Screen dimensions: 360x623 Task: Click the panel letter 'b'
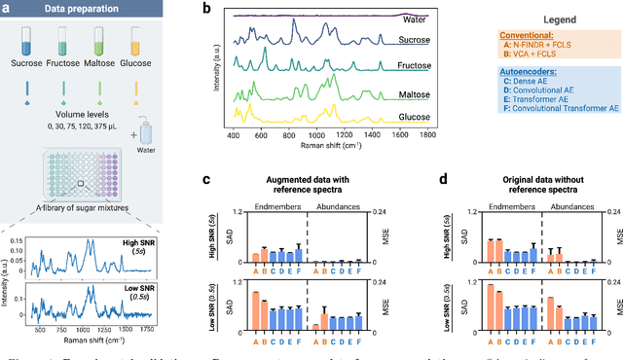[x=206, y=8]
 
